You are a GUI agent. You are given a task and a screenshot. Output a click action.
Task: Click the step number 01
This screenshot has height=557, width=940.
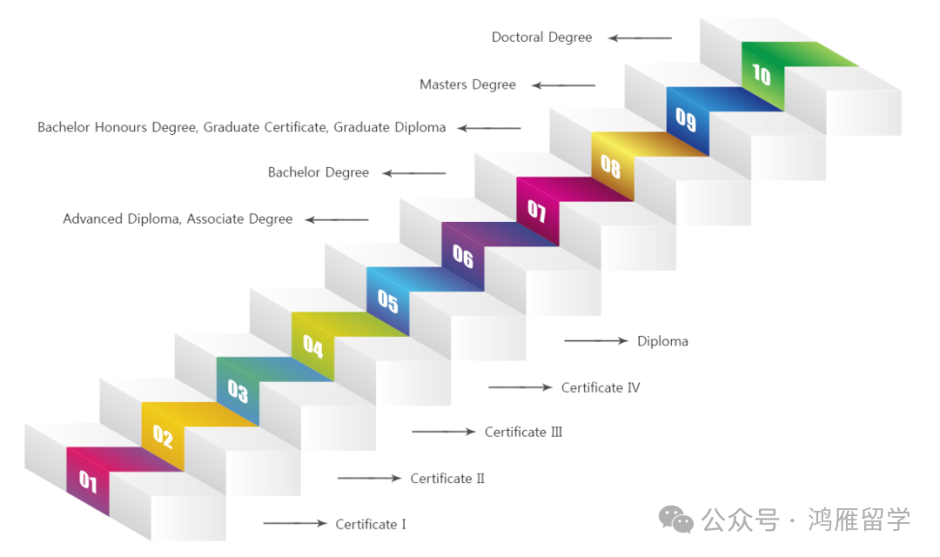[x=88, y=481]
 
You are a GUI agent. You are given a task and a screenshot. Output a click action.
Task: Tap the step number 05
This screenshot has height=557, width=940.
[x=388, y=300]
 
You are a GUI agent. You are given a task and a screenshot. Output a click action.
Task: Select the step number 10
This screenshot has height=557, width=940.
[x=762, y=74]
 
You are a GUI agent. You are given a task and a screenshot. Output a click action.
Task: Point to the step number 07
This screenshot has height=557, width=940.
[x=536, y=211]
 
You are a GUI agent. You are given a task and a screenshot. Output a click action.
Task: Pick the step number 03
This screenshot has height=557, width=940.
[x=238, y=391]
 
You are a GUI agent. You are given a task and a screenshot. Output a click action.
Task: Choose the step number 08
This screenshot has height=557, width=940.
[x=611, y=166]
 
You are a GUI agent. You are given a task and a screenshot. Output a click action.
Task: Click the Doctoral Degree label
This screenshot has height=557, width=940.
[x=542, y=37]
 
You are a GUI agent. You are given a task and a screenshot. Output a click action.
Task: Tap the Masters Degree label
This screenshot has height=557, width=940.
[x=467, y=84]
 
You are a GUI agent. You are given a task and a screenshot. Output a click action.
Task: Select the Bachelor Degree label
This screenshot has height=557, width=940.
[x=319, y=172]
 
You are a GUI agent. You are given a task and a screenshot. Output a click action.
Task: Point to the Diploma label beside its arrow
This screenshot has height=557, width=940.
[x=662, y=341]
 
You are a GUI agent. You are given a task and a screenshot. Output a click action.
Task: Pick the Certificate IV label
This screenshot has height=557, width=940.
[x=601, y=388]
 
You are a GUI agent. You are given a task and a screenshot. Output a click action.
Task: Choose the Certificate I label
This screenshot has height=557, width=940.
[x=371, y=525]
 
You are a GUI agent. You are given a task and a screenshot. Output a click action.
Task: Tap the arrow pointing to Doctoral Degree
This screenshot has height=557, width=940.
[x=640, y=37]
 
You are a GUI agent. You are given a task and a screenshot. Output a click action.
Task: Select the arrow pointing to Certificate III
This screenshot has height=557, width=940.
[x=444, y=432]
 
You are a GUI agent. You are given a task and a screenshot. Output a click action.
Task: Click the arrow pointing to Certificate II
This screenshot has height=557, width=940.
[x=369, y=478]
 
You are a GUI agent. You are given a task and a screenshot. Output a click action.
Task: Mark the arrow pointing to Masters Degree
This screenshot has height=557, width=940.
[x=563, y=85]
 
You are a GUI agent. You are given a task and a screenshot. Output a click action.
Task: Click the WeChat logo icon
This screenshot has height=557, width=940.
[x=676, y=520]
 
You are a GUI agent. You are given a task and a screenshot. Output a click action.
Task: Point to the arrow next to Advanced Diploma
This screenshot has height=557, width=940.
[x=337, y=220]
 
